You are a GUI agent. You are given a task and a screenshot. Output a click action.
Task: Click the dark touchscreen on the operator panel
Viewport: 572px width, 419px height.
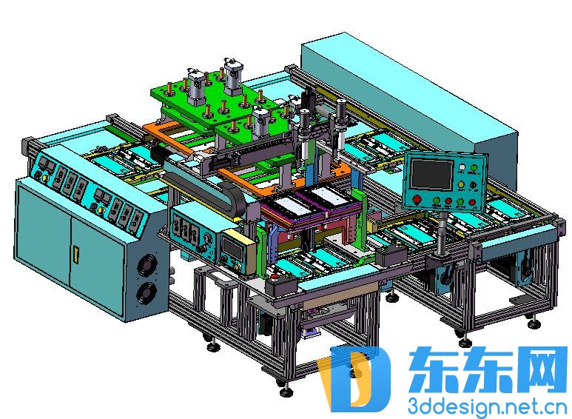(431, 175)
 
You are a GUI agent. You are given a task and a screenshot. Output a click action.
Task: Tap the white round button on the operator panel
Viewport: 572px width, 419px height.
(462, 167)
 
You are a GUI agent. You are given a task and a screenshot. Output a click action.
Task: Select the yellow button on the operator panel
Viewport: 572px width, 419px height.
(461, 185)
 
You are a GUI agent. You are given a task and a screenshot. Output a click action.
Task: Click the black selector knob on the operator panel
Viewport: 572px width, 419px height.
(473, 185)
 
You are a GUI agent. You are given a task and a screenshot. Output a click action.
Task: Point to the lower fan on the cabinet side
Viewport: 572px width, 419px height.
(147, 294)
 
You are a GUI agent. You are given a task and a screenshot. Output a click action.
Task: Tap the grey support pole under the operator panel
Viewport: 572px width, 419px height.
(442, 234)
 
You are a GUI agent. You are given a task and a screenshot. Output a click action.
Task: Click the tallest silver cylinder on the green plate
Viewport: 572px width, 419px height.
(233, 78)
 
